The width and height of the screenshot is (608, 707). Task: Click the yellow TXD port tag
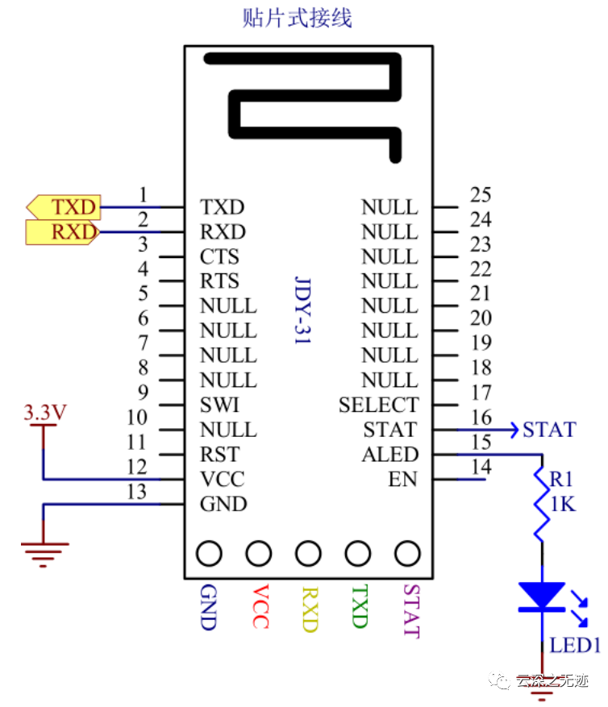click(x=63, y=207)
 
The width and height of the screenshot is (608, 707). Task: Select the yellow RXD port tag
click(x=63, y=233)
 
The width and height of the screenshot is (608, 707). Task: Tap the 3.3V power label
click(x=44, y=414)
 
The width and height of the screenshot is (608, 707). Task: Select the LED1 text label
click(x=575, y=646)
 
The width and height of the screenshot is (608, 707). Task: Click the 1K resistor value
click(x=563, y=505)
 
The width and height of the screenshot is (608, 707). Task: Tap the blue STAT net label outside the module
click(x=549, y=430)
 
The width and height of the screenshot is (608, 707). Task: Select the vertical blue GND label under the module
click(x=209, y=606)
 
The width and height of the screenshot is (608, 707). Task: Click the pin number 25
click(x=481, y=194)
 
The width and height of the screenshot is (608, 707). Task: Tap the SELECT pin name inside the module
click(x=378, y=405)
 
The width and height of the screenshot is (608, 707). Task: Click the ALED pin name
click(x=389, y=455)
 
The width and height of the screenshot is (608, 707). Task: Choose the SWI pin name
click(x=219, y=405)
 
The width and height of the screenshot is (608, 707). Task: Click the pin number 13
click(x=138, y=492)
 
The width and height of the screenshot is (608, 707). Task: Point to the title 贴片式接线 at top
click(x=298, y=18)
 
